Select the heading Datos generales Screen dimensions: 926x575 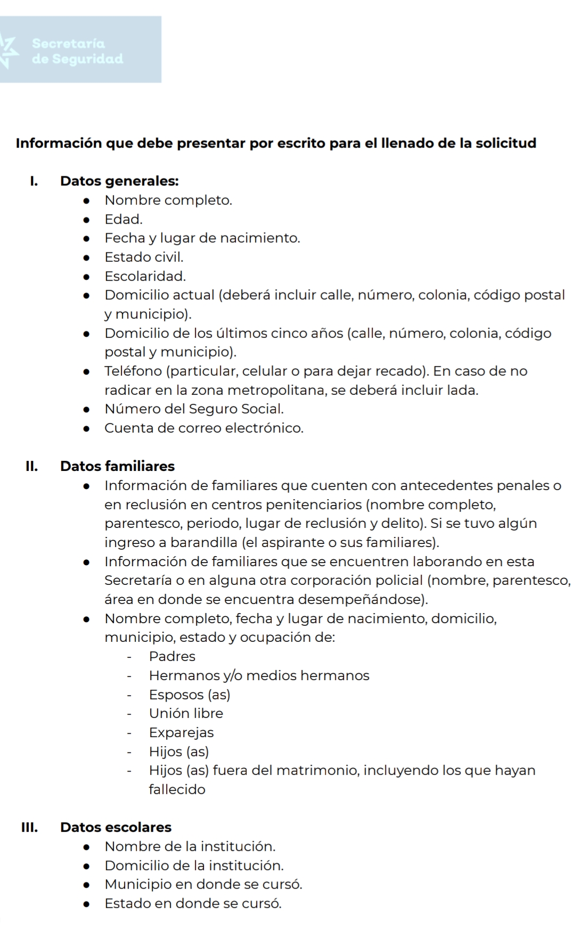[119, 181]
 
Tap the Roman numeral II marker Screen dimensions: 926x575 [31, 466]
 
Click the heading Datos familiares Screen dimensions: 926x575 [117, 466]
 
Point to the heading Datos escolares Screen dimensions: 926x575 [116, 827]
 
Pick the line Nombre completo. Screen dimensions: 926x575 [168, 200]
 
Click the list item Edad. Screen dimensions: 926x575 [124, 219]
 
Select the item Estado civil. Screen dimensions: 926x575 [144, 257]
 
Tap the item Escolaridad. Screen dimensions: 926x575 [145, 276]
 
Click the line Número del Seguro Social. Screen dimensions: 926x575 [194, 409]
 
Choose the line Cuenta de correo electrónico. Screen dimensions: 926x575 [204, 428]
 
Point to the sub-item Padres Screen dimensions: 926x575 [172, 656]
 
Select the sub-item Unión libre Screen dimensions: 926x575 [186, 713]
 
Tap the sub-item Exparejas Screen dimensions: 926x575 [181, 732]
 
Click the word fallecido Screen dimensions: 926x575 [177, 789]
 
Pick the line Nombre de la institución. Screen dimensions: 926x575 [190, 846]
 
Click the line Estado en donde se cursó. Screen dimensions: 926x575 [193, 903]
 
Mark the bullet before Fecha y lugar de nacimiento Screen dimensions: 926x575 [86, 238]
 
